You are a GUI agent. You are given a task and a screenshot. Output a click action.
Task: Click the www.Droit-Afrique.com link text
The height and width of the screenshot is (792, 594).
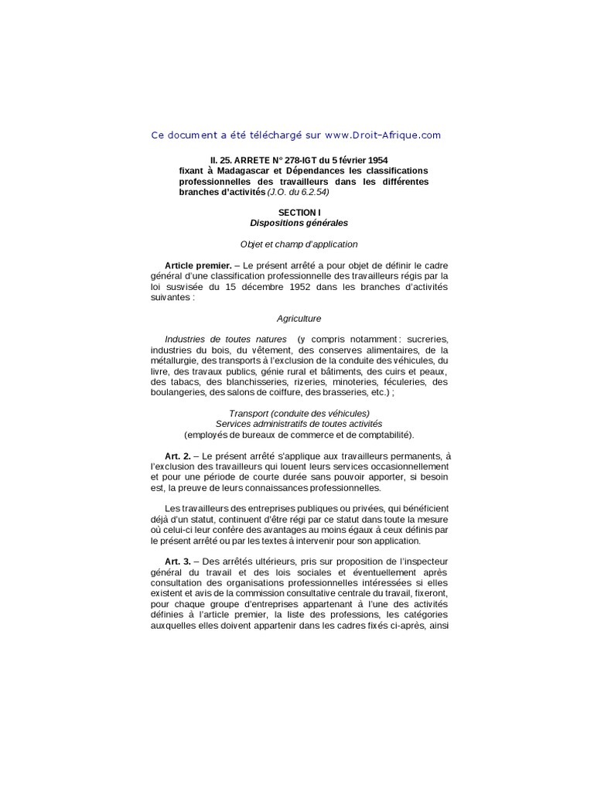pyautogui.click(x=383, y=135)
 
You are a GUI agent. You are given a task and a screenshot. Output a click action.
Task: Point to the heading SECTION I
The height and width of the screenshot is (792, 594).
pyautogui.click(x=299, y=211)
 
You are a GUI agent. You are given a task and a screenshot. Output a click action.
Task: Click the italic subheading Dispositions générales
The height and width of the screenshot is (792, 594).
pyautogui.click(x=299, y=223)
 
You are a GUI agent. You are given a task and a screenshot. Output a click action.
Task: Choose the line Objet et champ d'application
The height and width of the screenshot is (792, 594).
pyautogui.click(x=299, y=244)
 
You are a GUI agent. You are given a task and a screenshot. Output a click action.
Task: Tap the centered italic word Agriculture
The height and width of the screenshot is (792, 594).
pyautogui.click(x=299, y=318)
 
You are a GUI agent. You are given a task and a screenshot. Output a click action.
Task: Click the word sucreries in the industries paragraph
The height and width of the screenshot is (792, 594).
pyautogui.click(x=425, y=340)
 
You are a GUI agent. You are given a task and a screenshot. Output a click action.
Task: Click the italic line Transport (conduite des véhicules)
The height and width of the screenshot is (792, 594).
pyautogui.click(x=299, y=414)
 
